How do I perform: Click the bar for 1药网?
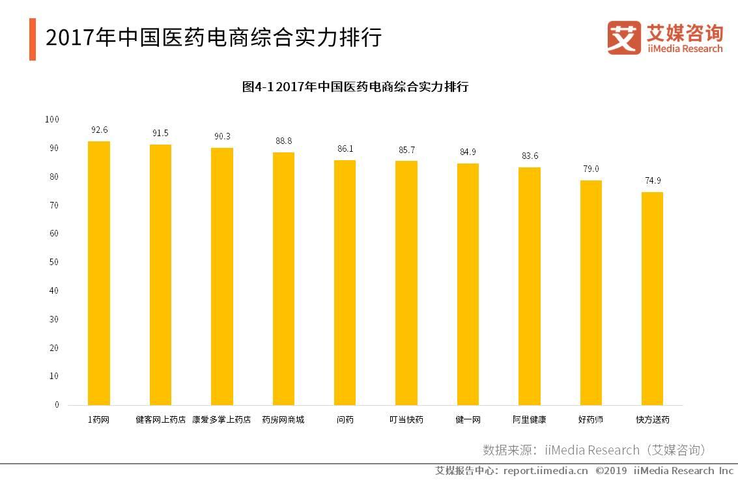coord(99,274)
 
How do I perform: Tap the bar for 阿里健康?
coord(529,287)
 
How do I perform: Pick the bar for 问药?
coord(345,283)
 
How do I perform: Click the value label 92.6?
coord(99,130)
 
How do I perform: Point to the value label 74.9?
coord(652,180)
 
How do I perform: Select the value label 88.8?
coord(283,141)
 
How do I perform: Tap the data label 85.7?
coord(406,150)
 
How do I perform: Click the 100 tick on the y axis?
coord(52,119)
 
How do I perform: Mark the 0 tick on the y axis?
coord(57,404)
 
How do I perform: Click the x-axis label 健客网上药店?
coord(160,420)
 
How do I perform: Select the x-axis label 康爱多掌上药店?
coord(221,420)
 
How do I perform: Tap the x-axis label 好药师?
coord(591,420)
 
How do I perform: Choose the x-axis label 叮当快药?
coord(406,420)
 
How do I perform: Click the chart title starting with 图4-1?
coord(355,87)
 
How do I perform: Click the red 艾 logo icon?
coord(624,37)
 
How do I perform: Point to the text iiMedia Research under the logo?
coord(684,49)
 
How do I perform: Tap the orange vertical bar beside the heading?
coord(33,39)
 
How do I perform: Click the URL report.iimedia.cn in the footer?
coord(546,470)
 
